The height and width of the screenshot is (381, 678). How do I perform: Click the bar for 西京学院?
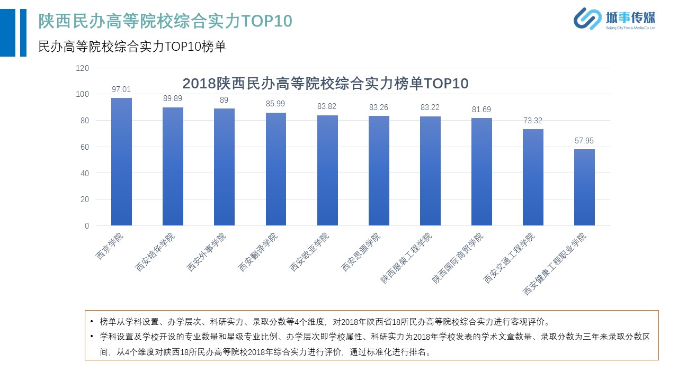pyautogui.click(x=121, y=161)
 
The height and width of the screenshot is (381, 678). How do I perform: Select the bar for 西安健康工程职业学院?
pyautogui.click(x=584, y=187)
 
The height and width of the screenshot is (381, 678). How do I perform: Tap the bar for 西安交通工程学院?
pyautogui.click(x=533, y=177)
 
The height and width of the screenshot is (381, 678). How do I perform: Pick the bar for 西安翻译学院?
pyautogui.click(x=276, y=169)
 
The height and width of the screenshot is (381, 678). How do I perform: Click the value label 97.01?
pyautogui.click(x=121, y=89)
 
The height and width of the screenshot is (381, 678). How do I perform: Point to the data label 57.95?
pyautogui.click(x=584, y=141)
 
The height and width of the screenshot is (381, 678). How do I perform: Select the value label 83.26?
pyautogui.click(x=379, y=107)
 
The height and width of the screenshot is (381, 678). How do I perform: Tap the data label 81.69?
pyautogui.click(x=481, y=110)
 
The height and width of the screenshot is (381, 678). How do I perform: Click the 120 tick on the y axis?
pyautogui.click(x=82, y=68)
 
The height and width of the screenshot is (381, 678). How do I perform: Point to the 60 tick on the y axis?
pyautogui.click(x=85, y=147)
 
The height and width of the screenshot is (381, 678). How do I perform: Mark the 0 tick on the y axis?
pyautogui.click(x=87, y=226)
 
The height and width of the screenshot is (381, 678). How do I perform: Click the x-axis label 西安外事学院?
pyautogui.click(x=207, y=252)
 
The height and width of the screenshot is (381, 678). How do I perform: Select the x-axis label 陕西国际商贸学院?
pyautogui.click(x=457, y=258)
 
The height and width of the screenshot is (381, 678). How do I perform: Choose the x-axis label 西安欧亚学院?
pyautogui.click(x=309, y=252)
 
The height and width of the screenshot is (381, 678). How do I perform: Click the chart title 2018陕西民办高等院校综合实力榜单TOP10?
pyautogui.click(x=325, y=84)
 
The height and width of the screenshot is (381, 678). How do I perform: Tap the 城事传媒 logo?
pyautogui.click(x=614, y=19)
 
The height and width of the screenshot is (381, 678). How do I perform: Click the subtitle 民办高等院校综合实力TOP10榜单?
pyautogui.click(x=132, y=47)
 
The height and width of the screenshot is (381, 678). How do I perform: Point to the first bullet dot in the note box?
pyautogui.click(x=92, y=321)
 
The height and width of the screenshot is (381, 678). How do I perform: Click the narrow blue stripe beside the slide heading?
pyautogui.click(x=23, y=33)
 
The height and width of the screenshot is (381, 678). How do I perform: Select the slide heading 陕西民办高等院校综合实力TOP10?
pyautogui.click(x=165, y=21)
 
